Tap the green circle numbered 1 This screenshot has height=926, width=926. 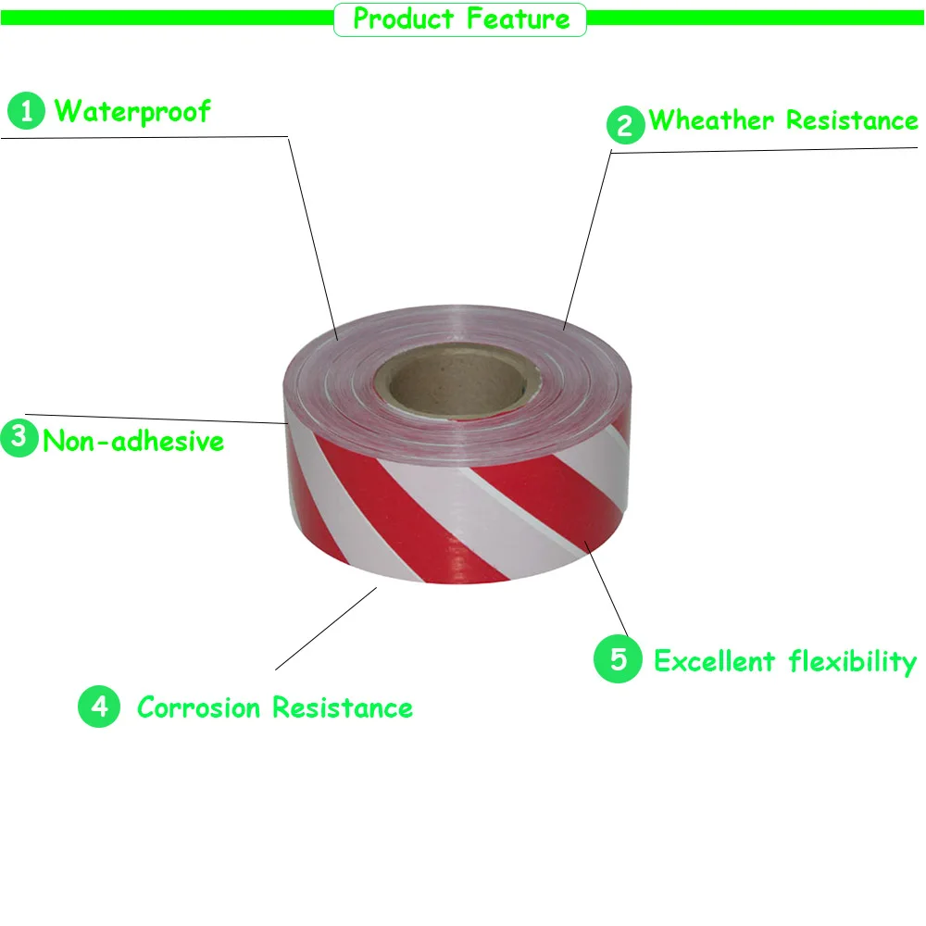tap(26, 112)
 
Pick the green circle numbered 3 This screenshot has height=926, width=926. tap(19, 437)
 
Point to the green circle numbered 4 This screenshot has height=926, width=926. tap(99, 707)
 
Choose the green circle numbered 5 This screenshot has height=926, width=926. tap(618, 660)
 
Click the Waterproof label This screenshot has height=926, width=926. tap(132, 112)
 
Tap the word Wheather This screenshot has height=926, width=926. tap(711, 120)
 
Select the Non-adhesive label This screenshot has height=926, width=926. tap(133, 441)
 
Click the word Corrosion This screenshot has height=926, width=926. tap(199, 708)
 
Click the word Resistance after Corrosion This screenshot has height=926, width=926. tap(343, 708)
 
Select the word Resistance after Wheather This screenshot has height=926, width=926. tap(852, 120)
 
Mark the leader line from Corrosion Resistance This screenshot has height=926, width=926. tap(324, 629)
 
